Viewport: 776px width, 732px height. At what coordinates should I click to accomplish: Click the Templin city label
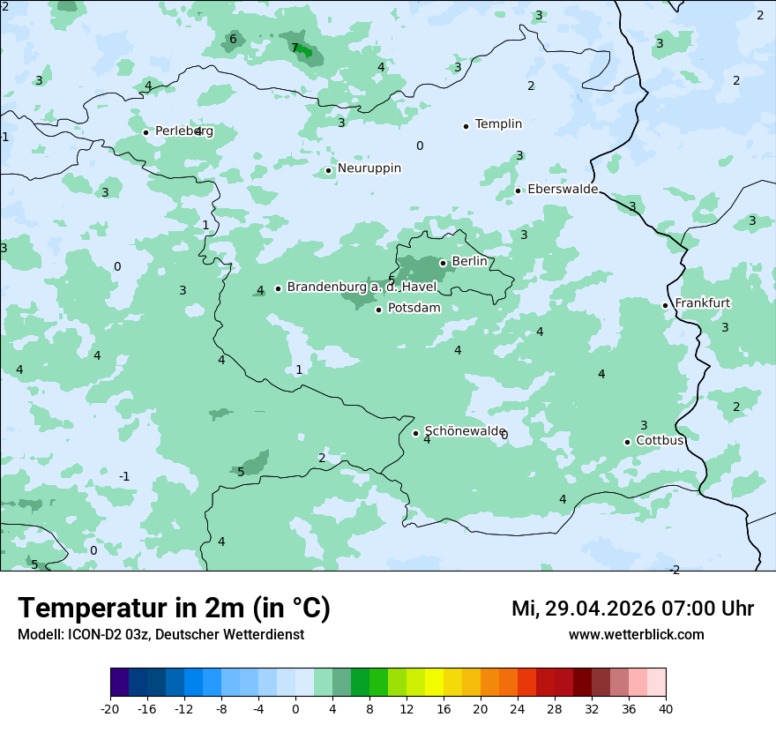tap(498, 124)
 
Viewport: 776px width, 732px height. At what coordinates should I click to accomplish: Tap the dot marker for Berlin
tap(443, 263)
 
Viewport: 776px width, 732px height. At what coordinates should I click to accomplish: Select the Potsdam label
tap(414, 309)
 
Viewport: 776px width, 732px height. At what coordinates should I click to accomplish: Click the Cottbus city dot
tap(627, 442)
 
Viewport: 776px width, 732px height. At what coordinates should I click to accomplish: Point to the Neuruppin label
tap(369, 168)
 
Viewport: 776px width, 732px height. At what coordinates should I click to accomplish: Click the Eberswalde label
tap(563, 190)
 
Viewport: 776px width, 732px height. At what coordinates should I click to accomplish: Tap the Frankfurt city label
tap(702, 303)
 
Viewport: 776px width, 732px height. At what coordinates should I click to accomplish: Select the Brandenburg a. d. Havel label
tap(362, 288)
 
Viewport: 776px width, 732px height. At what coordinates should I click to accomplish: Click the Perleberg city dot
tap(146, 132)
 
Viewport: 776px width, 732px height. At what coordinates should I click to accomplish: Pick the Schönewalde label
tap(464, 431)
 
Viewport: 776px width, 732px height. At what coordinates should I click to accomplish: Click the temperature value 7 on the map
tap(295, 48)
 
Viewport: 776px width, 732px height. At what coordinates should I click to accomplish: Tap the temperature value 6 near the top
tap(233, 39)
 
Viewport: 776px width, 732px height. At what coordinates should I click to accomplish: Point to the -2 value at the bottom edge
tap(675, 570)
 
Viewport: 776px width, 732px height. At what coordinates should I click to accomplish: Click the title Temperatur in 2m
tap(174, 608)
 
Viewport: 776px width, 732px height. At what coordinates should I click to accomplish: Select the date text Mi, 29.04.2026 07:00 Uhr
tap(632, 609)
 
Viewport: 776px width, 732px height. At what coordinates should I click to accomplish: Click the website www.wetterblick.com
tap(636, 635)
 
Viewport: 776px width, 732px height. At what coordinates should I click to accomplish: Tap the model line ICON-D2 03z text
tap(160, 635)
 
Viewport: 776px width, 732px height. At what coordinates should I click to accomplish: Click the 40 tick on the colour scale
tap(666, 709)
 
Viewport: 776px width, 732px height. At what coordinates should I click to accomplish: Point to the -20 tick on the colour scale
tap(110, 709)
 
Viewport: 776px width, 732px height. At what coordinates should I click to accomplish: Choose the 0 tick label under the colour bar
tap(295, 709)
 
